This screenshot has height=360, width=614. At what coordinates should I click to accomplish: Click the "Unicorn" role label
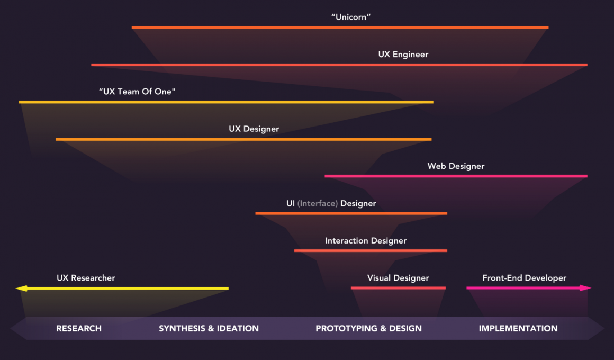point(351,17)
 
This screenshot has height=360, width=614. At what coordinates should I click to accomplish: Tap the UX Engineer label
point(403,55)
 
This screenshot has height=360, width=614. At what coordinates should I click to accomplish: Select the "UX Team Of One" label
point(137,92)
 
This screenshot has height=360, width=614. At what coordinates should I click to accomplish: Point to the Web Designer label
point(456,166)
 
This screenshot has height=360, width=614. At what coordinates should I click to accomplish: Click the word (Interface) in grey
point(318,203)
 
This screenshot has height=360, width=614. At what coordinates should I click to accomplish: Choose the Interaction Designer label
point(366,241)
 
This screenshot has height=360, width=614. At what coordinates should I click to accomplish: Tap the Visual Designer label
point(398,278)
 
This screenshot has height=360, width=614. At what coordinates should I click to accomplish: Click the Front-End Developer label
point(524,278)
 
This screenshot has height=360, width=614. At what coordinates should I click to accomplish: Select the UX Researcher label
point(86,278)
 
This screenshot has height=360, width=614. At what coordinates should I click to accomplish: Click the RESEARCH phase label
point(79,328)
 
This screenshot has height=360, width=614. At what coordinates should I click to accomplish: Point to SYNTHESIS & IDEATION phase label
point(209,328)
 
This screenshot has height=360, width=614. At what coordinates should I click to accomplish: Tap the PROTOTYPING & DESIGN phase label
point(368,328)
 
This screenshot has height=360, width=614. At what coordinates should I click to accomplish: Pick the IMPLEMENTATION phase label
point(518,328)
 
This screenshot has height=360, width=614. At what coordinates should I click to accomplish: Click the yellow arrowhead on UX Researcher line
point(21,289)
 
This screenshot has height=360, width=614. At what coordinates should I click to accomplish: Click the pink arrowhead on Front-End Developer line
point(585,288)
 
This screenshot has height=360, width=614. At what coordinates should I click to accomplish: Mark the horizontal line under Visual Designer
point(398,288)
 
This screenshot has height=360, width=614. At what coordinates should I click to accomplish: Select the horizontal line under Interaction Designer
point(371,250)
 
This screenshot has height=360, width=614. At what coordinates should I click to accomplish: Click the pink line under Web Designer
point(456,176)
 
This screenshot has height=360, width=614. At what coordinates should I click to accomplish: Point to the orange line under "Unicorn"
point(340,27)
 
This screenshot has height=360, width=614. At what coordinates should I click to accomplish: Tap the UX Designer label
point(254,129)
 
